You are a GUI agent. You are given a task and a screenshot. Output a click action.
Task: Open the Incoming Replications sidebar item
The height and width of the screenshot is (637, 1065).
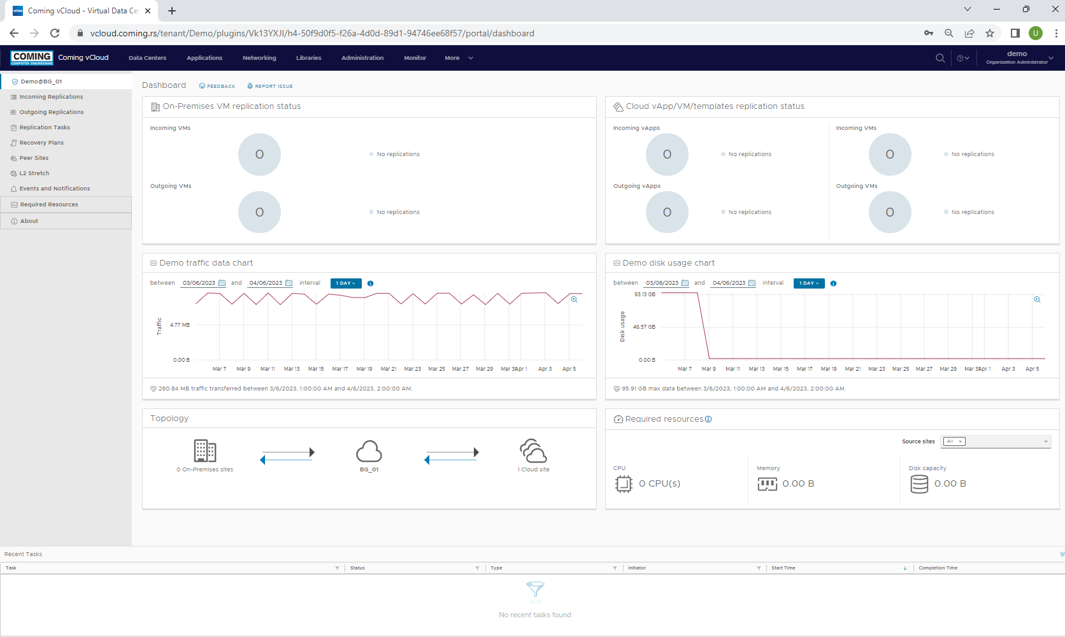51,97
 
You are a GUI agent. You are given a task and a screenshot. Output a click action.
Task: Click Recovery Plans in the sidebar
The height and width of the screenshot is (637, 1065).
41,143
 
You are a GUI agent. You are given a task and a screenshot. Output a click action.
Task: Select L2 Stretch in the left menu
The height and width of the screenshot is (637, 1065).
34,173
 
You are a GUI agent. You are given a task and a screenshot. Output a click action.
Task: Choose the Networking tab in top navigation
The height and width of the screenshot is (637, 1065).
259,58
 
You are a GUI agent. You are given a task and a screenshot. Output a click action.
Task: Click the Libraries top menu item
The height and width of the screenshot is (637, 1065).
308,58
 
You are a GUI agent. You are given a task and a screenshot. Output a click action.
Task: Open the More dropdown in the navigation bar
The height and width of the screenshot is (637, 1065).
459,58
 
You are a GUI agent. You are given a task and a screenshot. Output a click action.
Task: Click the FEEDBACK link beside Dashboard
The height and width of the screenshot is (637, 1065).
217,86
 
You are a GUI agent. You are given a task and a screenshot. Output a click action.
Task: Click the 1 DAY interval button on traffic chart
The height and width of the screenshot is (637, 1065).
346,283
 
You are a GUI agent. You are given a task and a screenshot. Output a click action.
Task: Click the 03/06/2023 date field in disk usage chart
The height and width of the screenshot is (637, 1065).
662,283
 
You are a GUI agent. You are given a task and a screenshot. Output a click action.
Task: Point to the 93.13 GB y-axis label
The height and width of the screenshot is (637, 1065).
645,294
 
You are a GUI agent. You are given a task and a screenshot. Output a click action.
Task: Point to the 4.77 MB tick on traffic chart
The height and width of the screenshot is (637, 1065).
180,325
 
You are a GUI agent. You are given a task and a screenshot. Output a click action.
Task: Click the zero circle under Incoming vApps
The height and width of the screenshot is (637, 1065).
667,154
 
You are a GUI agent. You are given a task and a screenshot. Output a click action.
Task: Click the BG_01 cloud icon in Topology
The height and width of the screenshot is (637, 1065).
369,452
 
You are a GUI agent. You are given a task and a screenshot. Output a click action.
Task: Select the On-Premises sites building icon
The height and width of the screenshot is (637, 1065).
205,451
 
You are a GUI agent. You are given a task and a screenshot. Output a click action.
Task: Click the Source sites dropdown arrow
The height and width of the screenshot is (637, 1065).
1045,441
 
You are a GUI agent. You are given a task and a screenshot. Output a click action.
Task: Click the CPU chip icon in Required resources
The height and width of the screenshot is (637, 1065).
624,484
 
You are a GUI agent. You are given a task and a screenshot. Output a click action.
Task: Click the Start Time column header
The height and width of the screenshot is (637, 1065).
783,568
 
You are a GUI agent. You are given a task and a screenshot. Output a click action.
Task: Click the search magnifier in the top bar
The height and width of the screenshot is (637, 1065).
940,58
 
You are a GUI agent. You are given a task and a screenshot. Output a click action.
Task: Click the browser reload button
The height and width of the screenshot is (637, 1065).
55,33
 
